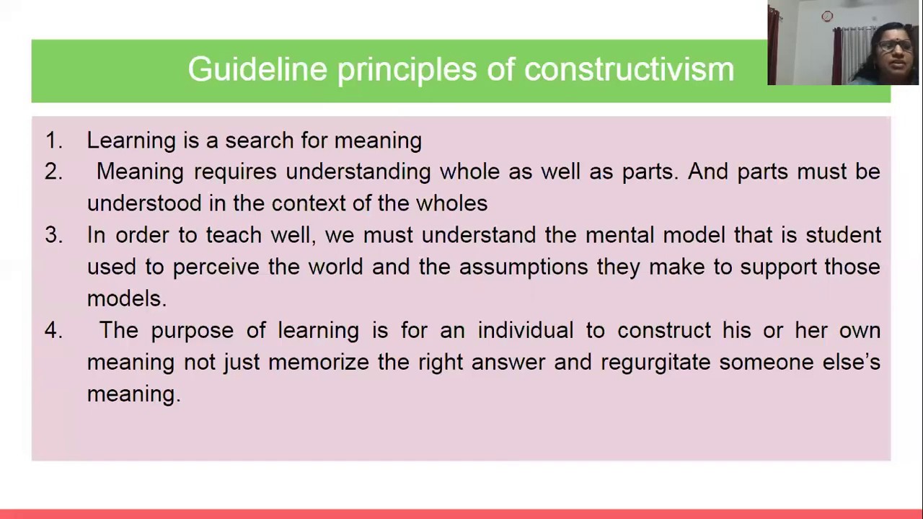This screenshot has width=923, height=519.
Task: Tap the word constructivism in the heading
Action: [x=629, y=70]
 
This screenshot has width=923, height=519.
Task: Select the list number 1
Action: [x=53, y=140]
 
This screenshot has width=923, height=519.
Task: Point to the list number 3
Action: [x=53, y=235]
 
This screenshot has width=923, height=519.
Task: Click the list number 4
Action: [x=53, y=330]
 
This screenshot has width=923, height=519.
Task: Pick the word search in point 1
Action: [x=259, y=140]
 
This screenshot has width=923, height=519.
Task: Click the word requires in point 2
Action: [x=235, y=172]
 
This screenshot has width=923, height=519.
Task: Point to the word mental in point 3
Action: [x=619, y=235]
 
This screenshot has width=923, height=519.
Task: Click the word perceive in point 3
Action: [x=216, y=267]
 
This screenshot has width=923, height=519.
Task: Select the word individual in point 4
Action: [x=525, y=330]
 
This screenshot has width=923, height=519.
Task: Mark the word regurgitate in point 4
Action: [x=655, y=363]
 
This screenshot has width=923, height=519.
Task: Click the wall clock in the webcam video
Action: [x=827, y=16]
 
